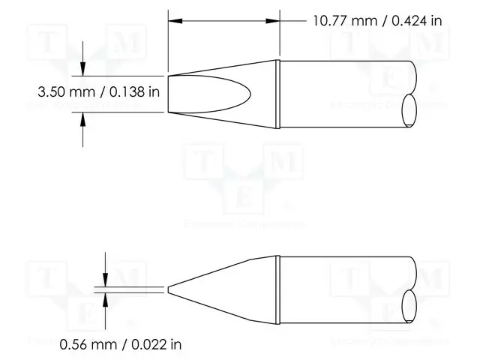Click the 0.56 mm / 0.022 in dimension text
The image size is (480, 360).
(x=121, y=345)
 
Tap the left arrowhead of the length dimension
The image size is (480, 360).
(x=174, y=20)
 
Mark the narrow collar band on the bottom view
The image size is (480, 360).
(x=278, y=289)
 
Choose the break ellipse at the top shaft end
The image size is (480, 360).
(x=410, y=111)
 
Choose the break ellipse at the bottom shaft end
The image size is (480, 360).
(x=410, y=306)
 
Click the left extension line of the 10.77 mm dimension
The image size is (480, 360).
(x=168, y=45)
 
